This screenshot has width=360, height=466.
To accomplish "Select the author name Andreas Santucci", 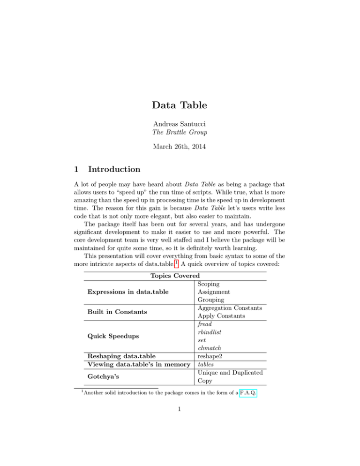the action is pos(180,123).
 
